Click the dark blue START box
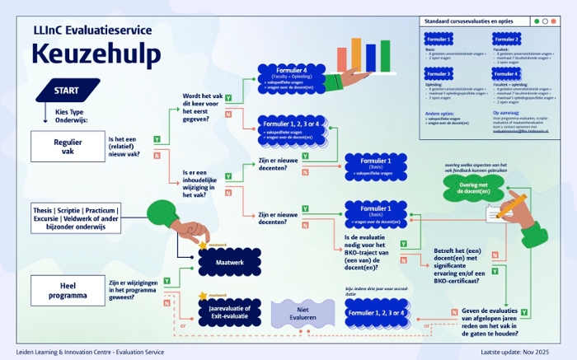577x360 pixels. tap(65, 90)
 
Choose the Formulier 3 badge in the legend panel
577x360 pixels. tap(439, 74)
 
